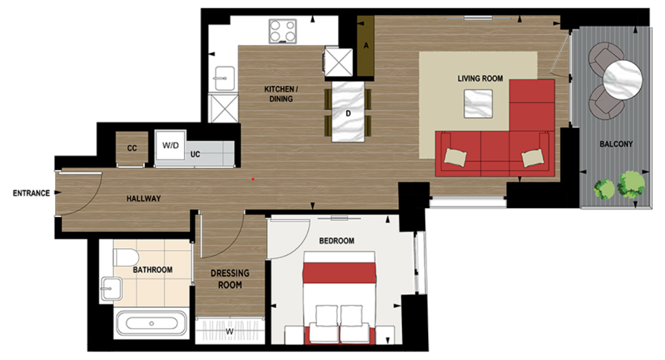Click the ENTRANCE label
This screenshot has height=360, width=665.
point(31,193)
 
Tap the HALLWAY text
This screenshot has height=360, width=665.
point(143,199)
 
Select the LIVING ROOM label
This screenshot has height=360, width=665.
point(480,79)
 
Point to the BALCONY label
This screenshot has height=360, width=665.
point(616,145)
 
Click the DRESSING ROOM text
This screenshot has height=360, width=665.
point(230,279)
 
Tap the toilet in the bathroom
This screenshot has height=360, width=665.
point(125,257)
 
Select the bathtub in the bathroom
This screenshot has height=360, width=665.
point(152,324)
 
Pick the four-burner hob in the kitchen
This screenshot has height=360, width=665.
point(282,31)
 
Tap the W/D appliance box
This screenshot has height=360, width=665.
point(170,146)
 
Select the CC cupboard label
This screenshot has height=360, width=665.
point(132,149)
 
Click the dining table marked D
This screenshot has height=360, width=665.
point(348,112)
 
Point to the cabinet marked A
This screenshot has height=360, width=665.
point(366,46)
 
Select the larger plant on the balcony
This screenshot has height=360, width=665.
point(631,184)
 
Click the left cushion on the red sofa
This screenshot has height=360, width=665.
point(455,157)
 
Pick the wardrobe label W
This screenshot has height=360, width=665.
point(230,332)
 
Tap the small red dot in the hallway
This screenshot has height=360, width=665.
point(253,179)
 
